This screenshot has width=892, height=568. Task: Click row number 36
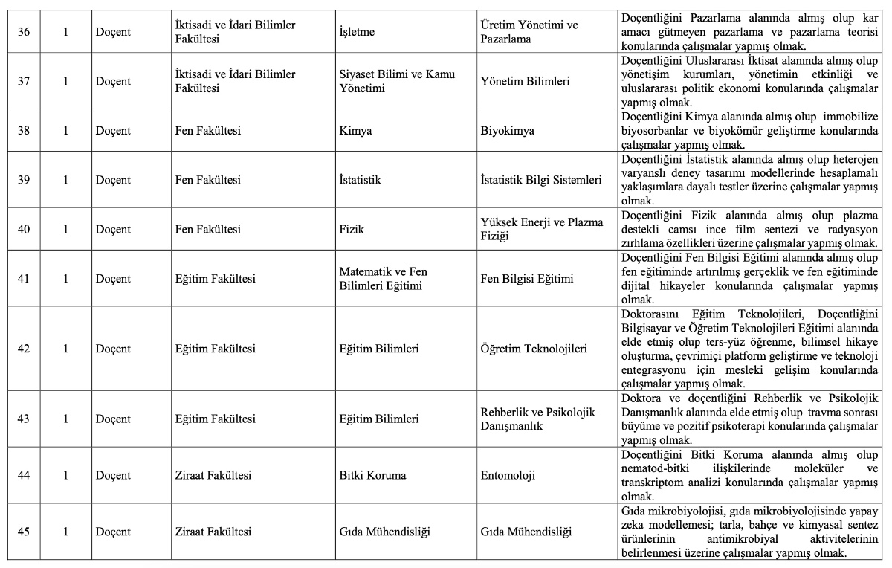(24, 32)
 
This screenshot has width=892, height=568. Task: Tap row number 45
(24, 532)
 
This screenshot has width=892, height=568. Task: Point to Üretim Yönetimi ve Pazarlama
(529, 32)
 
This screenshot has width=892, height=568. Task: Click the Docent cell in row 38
(113, 131)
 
